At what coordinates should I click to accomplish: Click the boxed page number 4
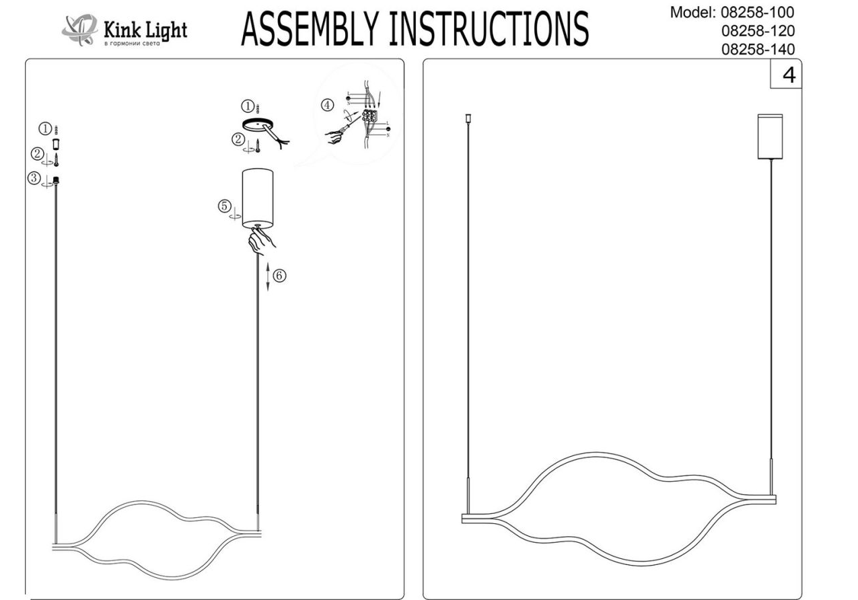pyautogui.click(x=788, y=75)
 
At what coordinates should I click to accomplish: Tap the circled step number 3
pyautogui.click(x=33, y=178)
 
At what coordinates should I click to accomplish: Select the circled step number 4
pyautogui.click(x=327, y=105)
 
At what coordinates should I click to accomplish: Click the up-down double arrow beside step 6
pyautogui.click(x=268, y=276)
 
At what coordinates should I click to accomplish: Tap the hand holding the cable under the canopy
pyautogui.click(x=260, y=241)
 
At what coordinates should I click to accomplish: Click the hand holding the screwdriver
pyautogui.click(x=334, y=136)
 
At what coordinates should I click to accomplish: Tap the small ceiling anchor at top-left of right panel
pyautogui.click(x=468, y=120)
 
